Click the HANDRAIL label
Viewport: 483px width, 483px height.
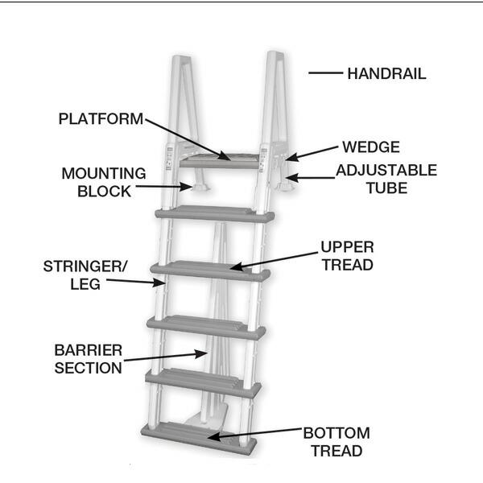[x=386, y=74]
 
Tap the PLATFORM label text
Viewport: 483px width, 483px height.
[x=101, y=119]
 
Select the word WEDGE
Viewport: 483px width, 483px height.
[x=371, y=147]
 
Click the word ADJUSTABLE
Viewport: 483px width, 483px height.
[x=386, y=171]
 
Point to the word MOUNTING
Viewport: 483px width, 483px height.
[x=104, y=173]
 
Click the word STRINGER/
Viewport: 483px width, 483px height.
[x=85, y=266]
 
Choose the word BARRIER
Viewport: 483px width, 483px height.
[x=89, y=350]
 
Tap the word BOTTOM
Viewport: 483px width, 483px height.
[x=336, y=433]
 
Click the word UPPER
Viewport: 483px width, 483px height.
[x=348, y=247]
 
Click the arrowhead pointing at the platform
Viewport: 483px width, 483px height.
[x=225, y=156]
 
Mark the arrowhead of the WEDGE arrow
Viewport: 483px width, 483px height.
[x=291, y=157]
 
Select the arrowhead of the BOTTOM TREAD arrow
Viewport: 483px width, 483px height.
[x=214, y=436]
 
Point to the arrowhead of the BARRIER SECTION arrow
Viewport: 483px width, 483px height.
[x=202, y=354]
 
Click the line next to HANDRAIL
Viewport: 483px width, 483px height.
[x=325, y=73]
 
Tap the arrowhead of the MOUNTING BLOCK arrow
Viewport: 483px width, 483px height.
[x=187, y=187]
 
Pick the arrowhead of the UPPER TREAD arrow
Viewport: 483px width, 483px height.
[x=236, y=266]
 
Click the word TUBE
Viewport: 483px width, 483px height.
[x=387, y=188]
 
